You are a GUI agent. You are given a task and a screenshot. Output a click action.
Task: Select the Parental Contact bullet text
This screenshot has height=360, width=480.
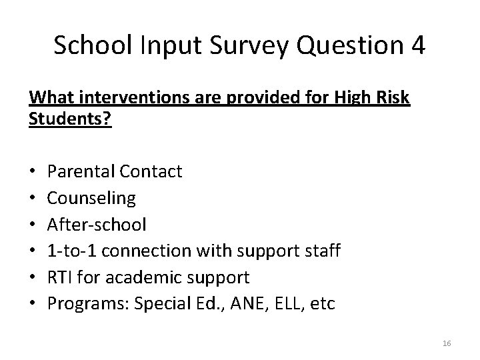pos(115,172)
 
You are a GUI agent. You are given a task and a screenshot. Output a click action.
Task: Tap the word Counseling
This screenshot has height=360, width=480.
pos(92,198)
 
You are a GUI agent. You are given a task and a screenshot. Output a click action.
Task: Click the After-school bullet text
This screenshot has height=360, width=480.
pos(97,225)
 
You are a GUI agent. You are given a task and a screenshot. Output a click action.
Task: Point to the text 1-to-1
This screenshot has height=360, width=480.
pos(71,251)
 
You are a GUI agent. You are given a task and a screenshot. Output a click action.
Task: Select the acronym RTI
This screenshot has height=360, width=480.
pos(61,277)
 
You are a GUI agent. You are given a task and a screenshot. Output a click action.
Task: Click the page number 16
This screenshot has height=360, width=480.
pos(447,343)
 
